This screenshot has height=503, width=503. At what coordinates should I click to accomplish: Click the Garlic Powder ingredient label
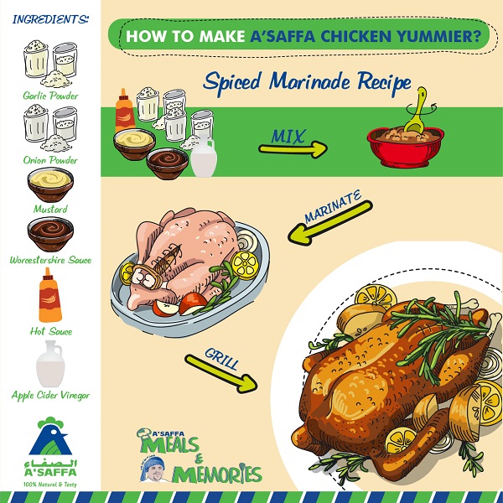point(51,96)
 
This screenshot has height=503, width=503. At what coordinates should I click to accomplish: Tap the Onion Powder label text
point(51,160)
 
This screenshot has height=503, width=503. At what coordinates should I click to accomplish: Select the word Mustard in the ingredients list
point(51,208)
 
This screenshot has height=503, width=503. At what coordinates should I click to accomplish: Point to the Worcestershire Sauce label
point(51,260)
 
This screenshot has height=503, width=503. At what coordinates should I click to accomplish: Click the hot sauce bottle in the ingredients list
point(49,298)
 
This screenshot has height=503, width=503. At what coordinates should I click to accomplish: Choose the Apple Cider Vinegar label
point(51,394)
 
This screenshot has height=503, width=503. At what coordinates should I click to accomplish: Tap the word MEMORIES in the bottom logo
point(217,474)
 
